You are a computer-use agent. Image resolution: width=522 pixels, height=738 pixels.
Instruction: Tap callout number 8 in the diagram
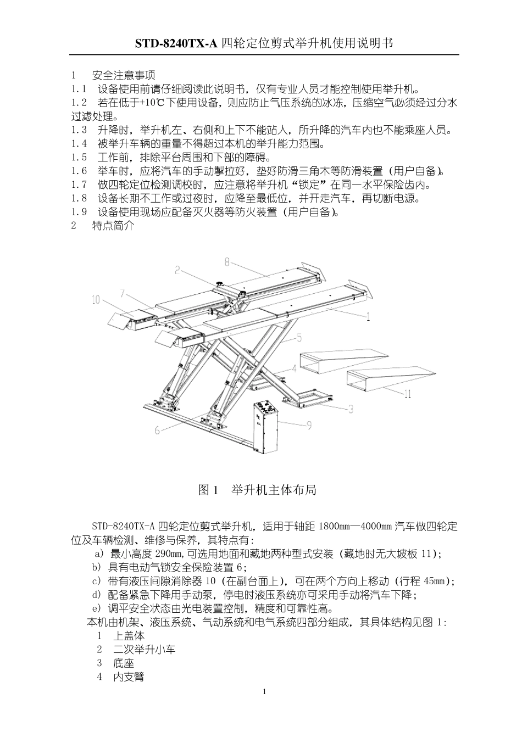click(227, 262)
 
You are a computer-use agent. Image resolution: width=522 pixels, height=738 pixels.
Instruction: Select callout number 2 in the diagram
click(178, 270)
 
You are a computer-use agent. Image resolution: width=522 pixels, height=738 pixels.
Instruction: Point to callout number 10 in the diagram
click(96, 300)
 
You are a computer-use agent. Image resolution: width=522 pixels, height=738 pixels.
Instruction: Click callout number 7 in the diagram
click(124, 292)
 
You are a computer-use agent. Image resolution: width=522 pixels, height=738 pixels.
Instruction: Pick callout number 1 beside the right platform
click(368, 316)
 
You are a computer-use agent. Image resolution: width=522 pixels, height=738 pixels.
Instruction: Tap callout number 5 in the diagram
click(299, 337)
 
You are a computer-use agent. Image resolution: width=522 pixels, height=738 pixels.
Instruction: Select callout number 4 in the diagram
click(294, 368)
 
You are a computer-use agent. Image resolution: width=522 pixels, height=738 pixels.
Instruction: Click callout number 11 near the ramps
click(407, 394)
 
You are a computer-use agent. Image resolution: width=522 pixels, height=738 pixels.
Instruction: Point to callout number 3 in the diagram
click(350, 409)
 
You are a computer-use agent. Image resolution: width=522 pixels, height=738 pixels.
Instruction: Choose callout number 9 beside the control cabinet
click(309, 424)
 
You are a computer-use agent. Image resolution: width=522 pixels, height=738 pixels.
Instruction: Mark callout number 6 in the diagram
click(158, 431)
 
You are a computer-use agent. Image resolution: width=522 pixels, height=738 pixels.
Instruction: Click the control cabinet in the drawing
click(265, 426)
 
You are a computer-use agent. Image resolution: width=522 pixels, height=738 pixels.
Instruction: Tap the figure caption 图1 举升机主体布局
click(257, 490)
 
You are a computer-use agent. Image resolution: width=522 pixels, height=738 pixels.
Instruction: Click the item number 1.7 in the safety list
click(79, 185)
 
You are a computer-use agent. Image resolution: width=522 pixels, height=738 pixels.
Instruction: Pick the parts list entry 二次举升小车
click(144, 650)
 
